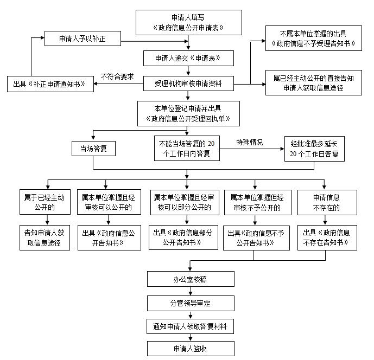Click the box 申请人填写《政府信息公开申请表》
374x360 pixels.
click(188, 22)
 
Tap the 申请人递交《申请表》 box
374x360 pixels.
click(188, 57)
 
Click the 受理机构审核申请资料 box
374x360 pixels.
click(188, 83)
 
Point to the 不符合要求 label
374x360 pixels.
click(117, 76)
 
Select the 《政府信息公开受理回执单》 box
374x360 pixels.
click(188, 113)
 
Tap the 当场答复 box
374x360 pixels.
click(93, 148)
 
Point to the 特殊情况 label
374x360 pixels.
click(249, 143)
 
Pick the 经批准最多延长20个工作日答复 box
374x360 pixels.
click(314, 148)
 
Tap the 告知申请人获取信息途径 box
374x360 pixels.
click(48, 237)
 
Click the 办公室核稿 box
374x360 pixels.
click(188, 279)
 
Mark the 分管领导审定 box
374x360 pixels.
click(188, 302)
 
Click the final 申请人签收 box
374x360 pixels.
click(188, 348)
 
